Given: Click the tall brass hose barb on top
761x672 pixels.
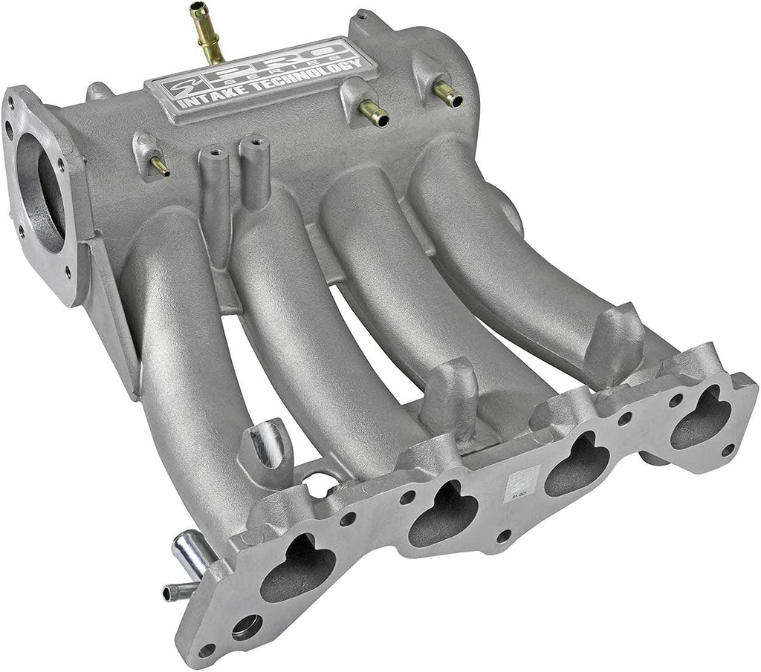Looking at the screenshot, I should click(x=207, y=33).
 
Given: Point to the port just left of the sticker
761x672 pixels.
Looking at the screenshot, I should click(x=444, y=513).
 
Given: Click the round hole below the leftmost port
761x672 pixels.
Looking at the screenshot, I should click(x=246, y=628).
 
